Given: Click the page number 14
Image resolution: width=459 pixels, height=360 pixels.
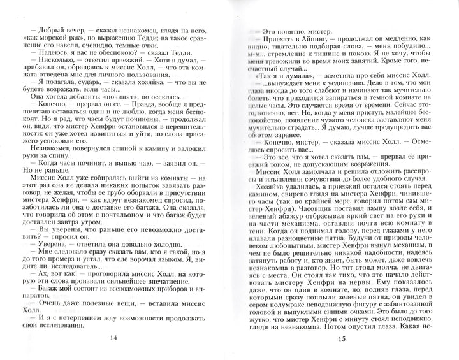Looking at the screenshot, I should click(113, 338).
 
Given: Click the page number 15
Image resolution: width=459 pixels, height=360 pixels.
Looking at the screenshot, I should click(341, 338).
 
